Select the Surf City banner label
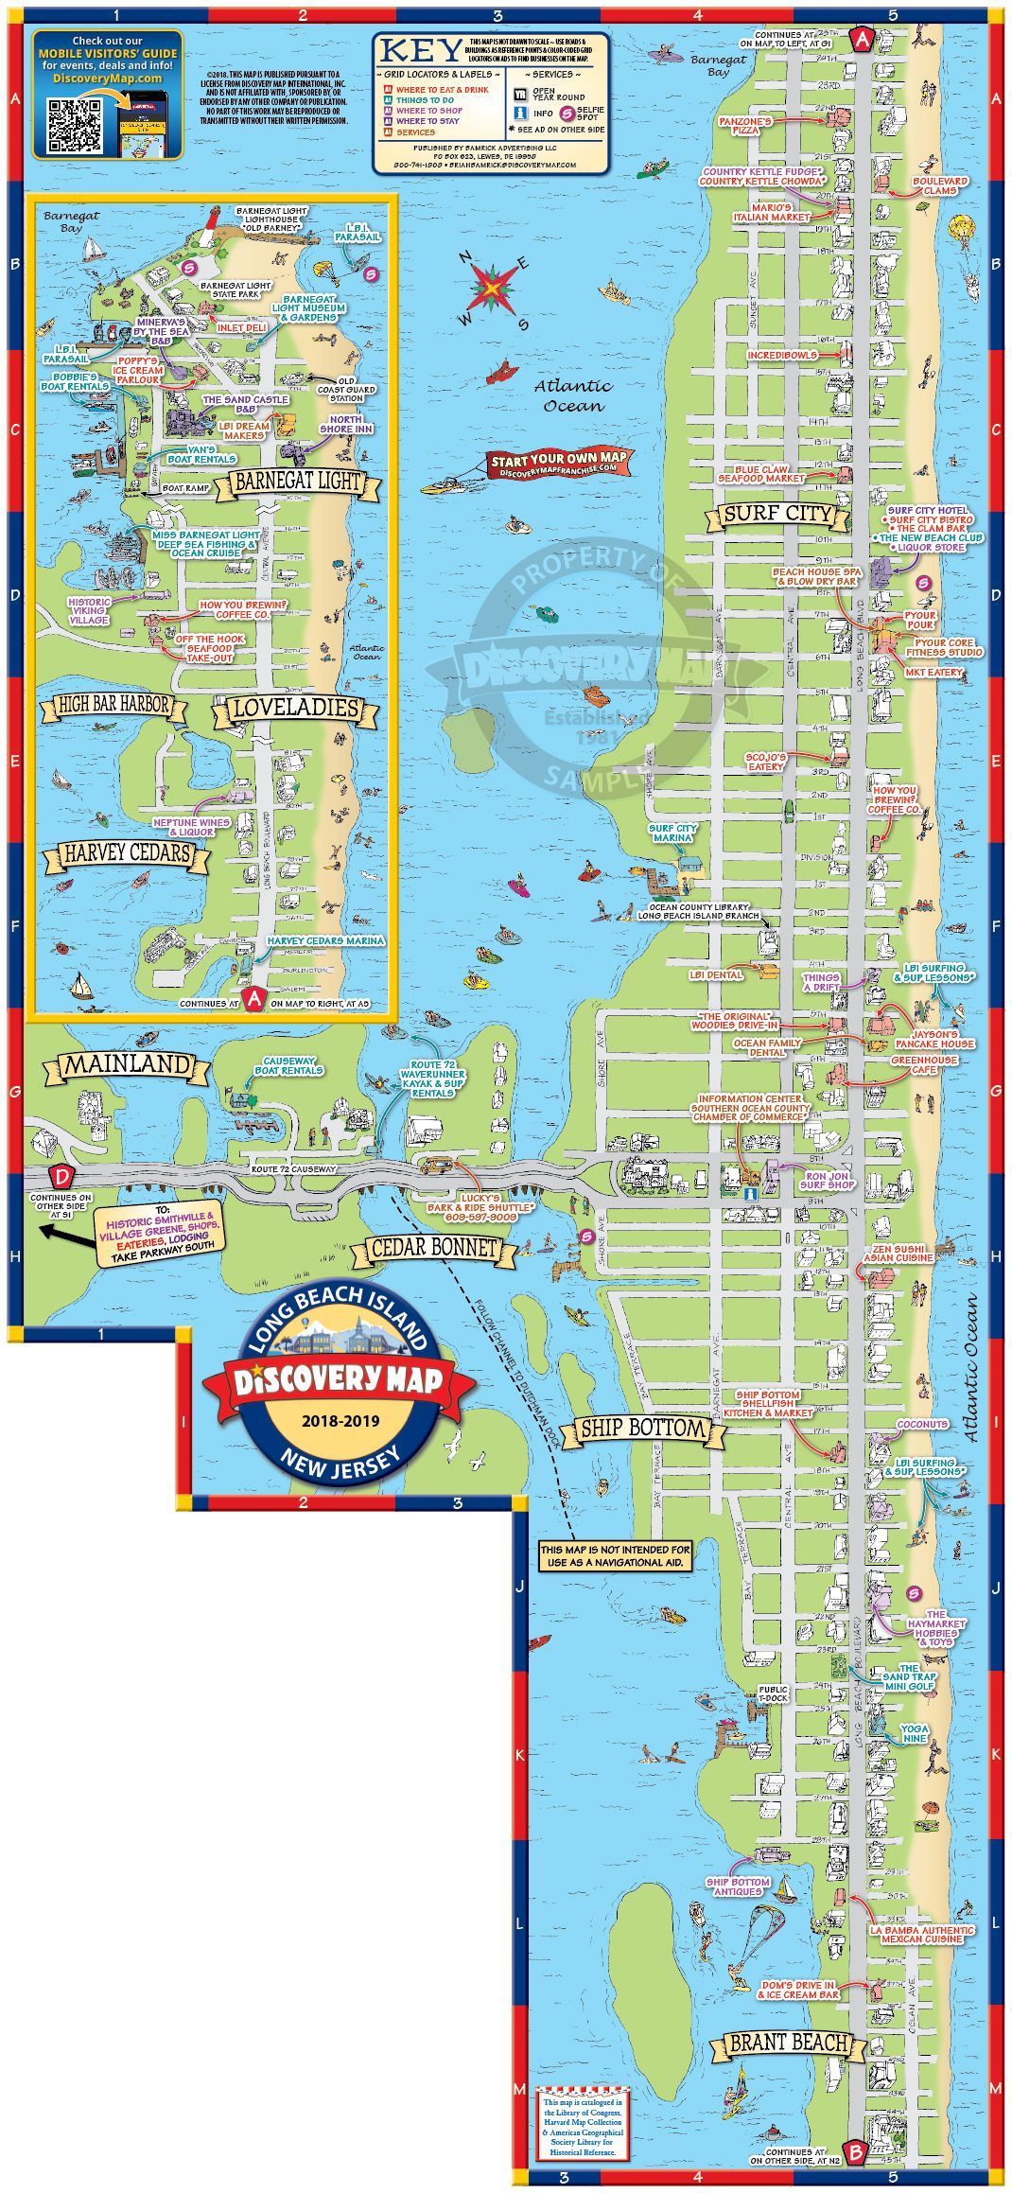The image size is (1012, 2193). pyautogui.click(x=777, y=515)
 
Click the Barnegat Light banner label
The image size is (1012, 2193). pyautogui.click(x=298, y=482)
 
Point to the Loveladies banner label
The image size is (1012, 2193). pyautogui.click(x=296, y=708)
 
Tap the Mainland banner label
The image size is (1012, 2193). pyautogui.click(x=127, y=1064)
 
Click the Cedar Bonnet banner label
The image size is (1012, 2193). pyautogui.click(x=434, y=1248)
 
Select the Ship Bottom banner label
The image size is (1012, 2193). pyautogui.click(x=643, y=1429)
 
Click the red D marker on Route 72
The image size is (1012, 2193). pyautogui.click(x=62, y=1178)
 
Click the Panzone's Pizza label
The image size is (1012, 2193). pyautogui.click(x=745, y=126)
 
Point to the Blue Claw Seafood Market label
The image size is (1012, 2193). pyautogui.click(x=761, y=473)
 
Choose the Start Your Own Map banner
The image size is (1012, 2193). pyautogui.click(x=558, y=464)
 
